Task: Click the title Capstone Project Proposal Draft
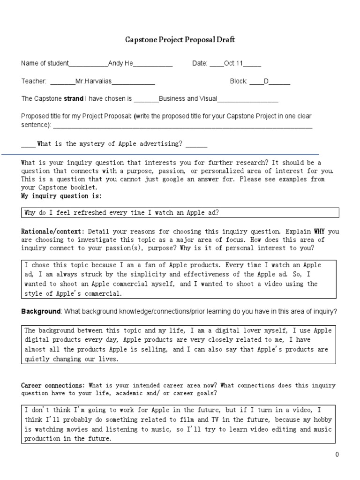[x=180, y=40]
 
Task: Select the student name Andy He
[x=120, y=64]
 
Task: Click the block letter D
[x=266, y=81]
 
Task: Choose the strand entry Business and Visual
[x=188, y=98]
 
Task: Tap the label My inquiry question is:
[x=61, y=195]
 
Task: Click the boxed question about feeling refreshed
[x=122, y=213]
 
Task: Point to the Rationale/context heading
[x=53, y=231]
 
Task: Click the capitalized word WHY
[x=320, y=231]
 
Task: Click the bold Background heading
[x=41, y=312]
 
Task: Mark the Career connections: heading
[x=53, y=385]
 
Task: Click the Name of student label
[x=45, y=64]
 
